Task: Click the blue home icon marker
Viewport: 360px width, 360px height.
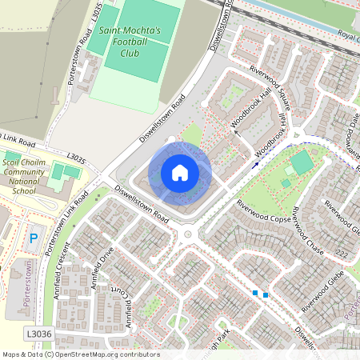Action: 180,173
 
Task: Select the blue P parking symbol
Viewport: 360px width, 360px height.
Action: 34,238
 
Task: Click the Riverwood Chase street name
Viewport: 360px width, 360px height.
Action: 306,232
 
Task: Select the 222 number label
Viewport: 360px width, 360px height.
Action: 342,253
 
